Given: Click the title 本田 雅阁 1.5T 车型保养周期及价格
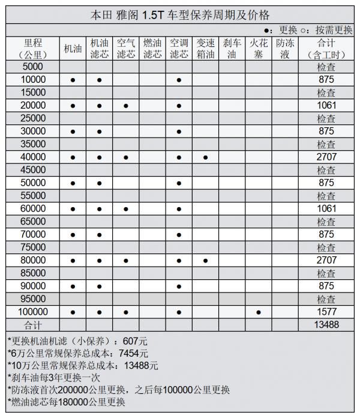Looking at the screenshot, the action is [180, 14].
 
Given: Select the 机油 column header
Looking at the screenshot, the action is [73, 49].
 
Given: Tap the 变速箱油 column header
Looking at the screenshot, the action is [205, 49].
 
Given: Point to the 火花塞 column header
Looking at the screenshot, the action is [258, 49].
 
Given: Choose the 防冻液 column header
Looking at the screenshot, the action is [284, 49].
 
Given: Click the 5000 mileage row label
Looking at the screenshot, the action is [33, 67].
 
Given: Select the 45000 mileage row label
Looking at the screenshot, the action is [33, 170].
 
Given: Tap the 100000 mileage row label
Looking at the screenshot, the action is [33, 312].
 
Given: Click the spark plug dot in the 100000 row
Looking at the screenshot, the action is [258, 312].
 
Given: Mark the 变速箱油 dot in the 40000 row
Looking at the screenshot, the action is [205, 157].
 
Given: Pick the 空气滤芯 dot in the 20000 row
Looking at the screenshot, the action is [125, 106].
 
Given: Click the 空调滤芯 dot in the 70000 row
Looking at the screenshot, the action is [179, 235].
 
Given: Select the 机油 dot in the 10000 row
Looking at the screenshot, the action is [73, 80].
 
